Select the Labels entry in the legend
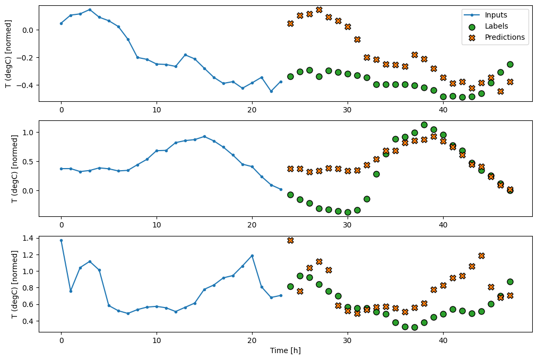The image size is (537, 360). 496,26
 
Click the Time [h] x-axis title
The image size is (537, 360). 285,350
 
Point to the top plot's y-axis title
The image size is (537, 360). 7,53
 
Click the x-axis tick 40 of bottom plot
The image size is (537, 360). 443,341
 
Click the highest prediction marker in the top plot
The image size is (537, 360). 319,10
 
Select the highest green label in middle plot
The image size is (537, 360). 424,125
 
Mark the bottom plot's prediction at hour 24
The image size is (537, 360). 290,240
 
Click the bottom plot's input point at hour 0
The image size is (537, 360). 61,240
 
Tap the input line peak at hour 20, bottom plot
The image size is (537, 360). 252,256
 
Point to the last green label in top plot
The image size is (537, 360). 510,64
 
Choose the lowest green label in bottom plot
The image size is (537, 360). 414,327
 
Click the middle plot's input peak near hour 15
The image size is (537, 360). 204,136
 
